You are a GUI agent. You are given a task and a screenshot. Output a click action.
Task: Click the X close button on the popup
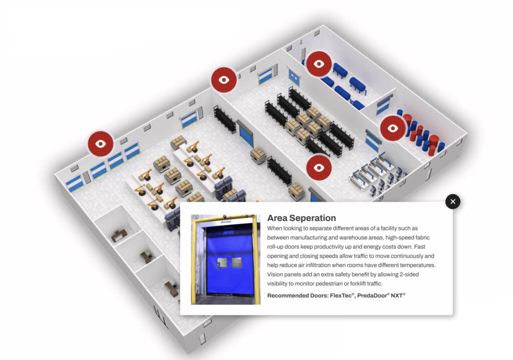tap(453, 202)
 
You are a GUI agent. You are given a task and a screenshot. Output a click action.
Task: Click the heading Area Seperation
tap(302, 218)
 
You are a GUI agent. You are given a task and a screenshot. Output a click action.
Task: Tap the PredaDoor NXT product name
tap(382, 295)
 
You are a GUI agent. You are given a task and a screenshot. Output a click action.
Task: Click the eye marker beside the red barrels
tap(393, 128)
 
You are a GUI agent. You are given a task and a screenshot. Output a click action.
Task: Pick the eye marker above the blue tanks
tap(319, 64)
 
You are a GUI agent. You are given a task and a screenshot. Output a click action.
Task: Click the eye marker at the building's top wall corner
tap(223, 80)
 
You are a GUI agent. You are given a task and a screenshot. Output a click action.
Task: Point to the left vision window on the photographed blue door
tap(221, 262)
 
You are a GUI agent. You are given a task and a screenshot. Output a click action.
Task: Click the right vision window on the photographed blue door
tap(236, 262)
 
